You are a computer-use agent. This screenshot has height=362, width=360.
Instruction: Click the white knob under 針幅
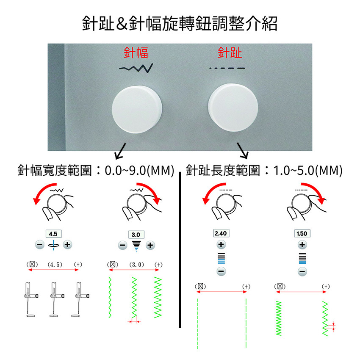click(x=137, y=109)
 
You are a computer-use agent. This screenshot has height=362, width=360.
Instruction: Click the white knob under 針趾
click(x=233, y=108)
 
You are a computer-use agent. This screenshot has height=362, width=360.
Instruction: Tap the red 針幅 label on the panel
click(x=136, y=53)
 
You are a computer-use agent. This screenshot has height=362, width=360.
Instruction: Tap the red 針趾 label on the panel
click(x=230, y=53)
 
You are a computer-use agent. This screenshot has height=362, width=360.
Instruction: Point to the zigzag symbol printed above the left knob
click(x=136, y=68)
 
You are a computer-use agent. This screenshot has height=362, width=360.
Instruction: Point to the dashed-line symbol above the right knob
click(x=227, y=68)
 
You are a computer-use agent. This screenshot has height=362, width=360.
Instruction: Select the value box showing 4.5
click(x=53, y=234)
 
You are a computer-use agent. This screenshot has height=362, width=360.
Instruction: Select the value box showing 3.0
click(x=136, y=235)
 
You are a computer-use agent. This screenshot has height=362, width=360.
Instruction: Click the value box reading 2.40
click(x=221, y=233)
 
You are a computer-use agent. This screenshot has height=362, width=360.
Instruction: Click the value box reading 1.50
click(x=302, y=233)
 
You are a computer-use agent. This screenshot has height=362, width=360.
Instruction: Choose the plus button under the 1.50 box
click(x=302, y=245)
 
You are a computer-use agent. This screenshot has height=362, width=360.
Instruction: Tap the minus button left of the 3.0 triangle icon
click(x=123, y=245)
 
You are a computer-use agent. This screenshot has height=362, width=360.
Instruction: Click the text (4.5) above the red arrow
click(x=55, y=265)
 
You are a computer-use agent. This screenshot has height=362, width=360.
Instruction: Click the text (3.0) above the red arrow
click(x=137, y=265)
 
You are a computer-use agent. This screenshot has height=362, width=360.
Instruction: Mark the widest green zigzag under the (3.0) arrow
click(x=158, y=298)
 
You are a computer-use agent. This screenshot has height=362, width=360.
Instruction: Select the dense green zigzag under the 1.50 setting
click(x=279, y=318)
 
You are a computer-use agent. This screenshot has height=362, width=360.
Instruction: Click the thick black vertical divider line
click(x=180, y=250)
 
